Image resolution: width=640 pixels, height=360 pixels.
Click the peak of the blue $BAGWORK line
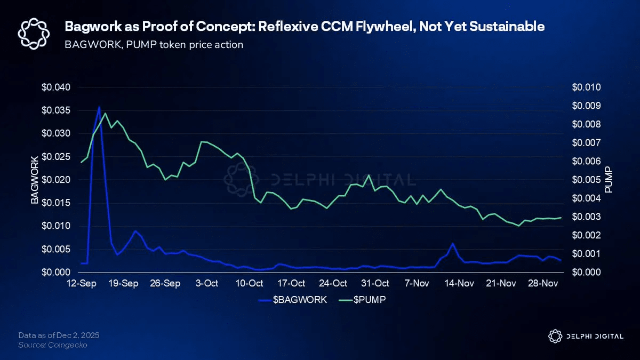[x=99, y=107]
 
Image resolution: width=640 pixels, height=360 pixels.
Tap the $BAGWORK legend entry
[x=293, y=300]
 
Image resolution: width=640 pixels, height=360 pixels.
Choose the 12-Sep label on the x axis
[x=81, y=283]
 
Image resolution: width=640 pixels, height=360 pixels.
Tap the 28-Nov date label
[x=543, y=283]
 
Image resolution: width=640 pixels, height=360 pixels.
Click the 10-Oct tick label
[x=249, y=283]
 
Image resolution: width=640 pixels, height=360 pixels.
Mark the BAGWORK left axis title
[x=35, y=180]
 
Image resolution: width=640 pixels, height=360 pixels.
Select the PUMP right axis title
[x=609, y=180]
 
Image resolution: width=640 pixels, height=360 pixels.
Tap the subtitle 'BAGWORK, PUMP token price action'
[x=154, y=44]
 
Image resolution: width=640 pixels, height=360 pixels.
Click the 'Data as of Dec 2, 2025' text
[x=58, y=335]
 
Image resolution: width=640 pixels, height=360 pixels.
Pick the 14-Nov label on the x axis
[x=459, y=283]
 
